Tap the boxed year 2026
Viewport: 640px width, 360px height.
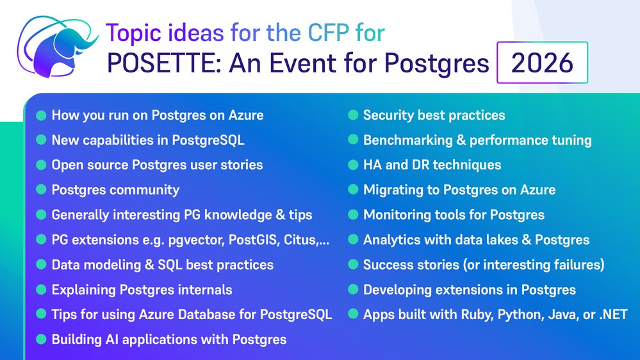point(542,63)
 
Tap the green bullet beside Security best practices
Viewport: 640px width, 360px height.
point(353,115)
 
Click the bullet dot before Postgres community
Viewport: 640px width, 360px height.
point(41,190)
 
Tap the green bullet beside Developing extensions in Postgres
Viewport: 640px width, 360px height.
point(353,290)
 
